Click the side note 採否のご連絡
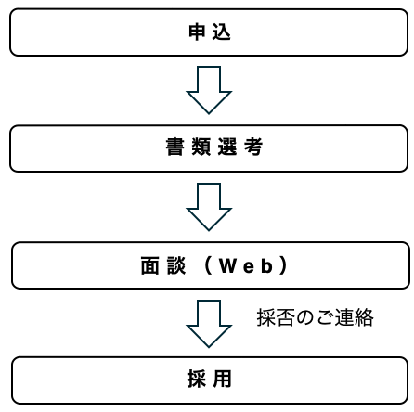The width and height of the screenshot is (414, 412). click(x=315, y=317)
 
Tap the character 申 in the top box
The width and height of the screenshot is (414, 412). click(x=195, y=33)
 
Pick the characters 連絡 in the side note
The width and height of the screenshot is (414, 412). click(x=354, y=317)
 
